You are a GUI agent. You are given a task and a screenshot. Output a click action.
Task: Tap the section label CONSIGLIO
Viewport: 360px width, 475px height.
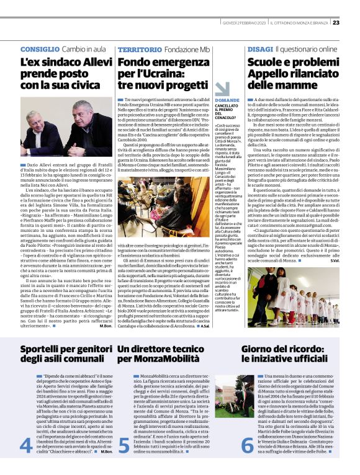pyautogui.click(x=40, y=48)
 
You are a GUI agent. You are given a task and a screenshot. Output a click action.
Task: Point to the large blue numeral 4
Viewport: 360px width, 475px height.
pyautogui.click(x=26, y=446)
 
